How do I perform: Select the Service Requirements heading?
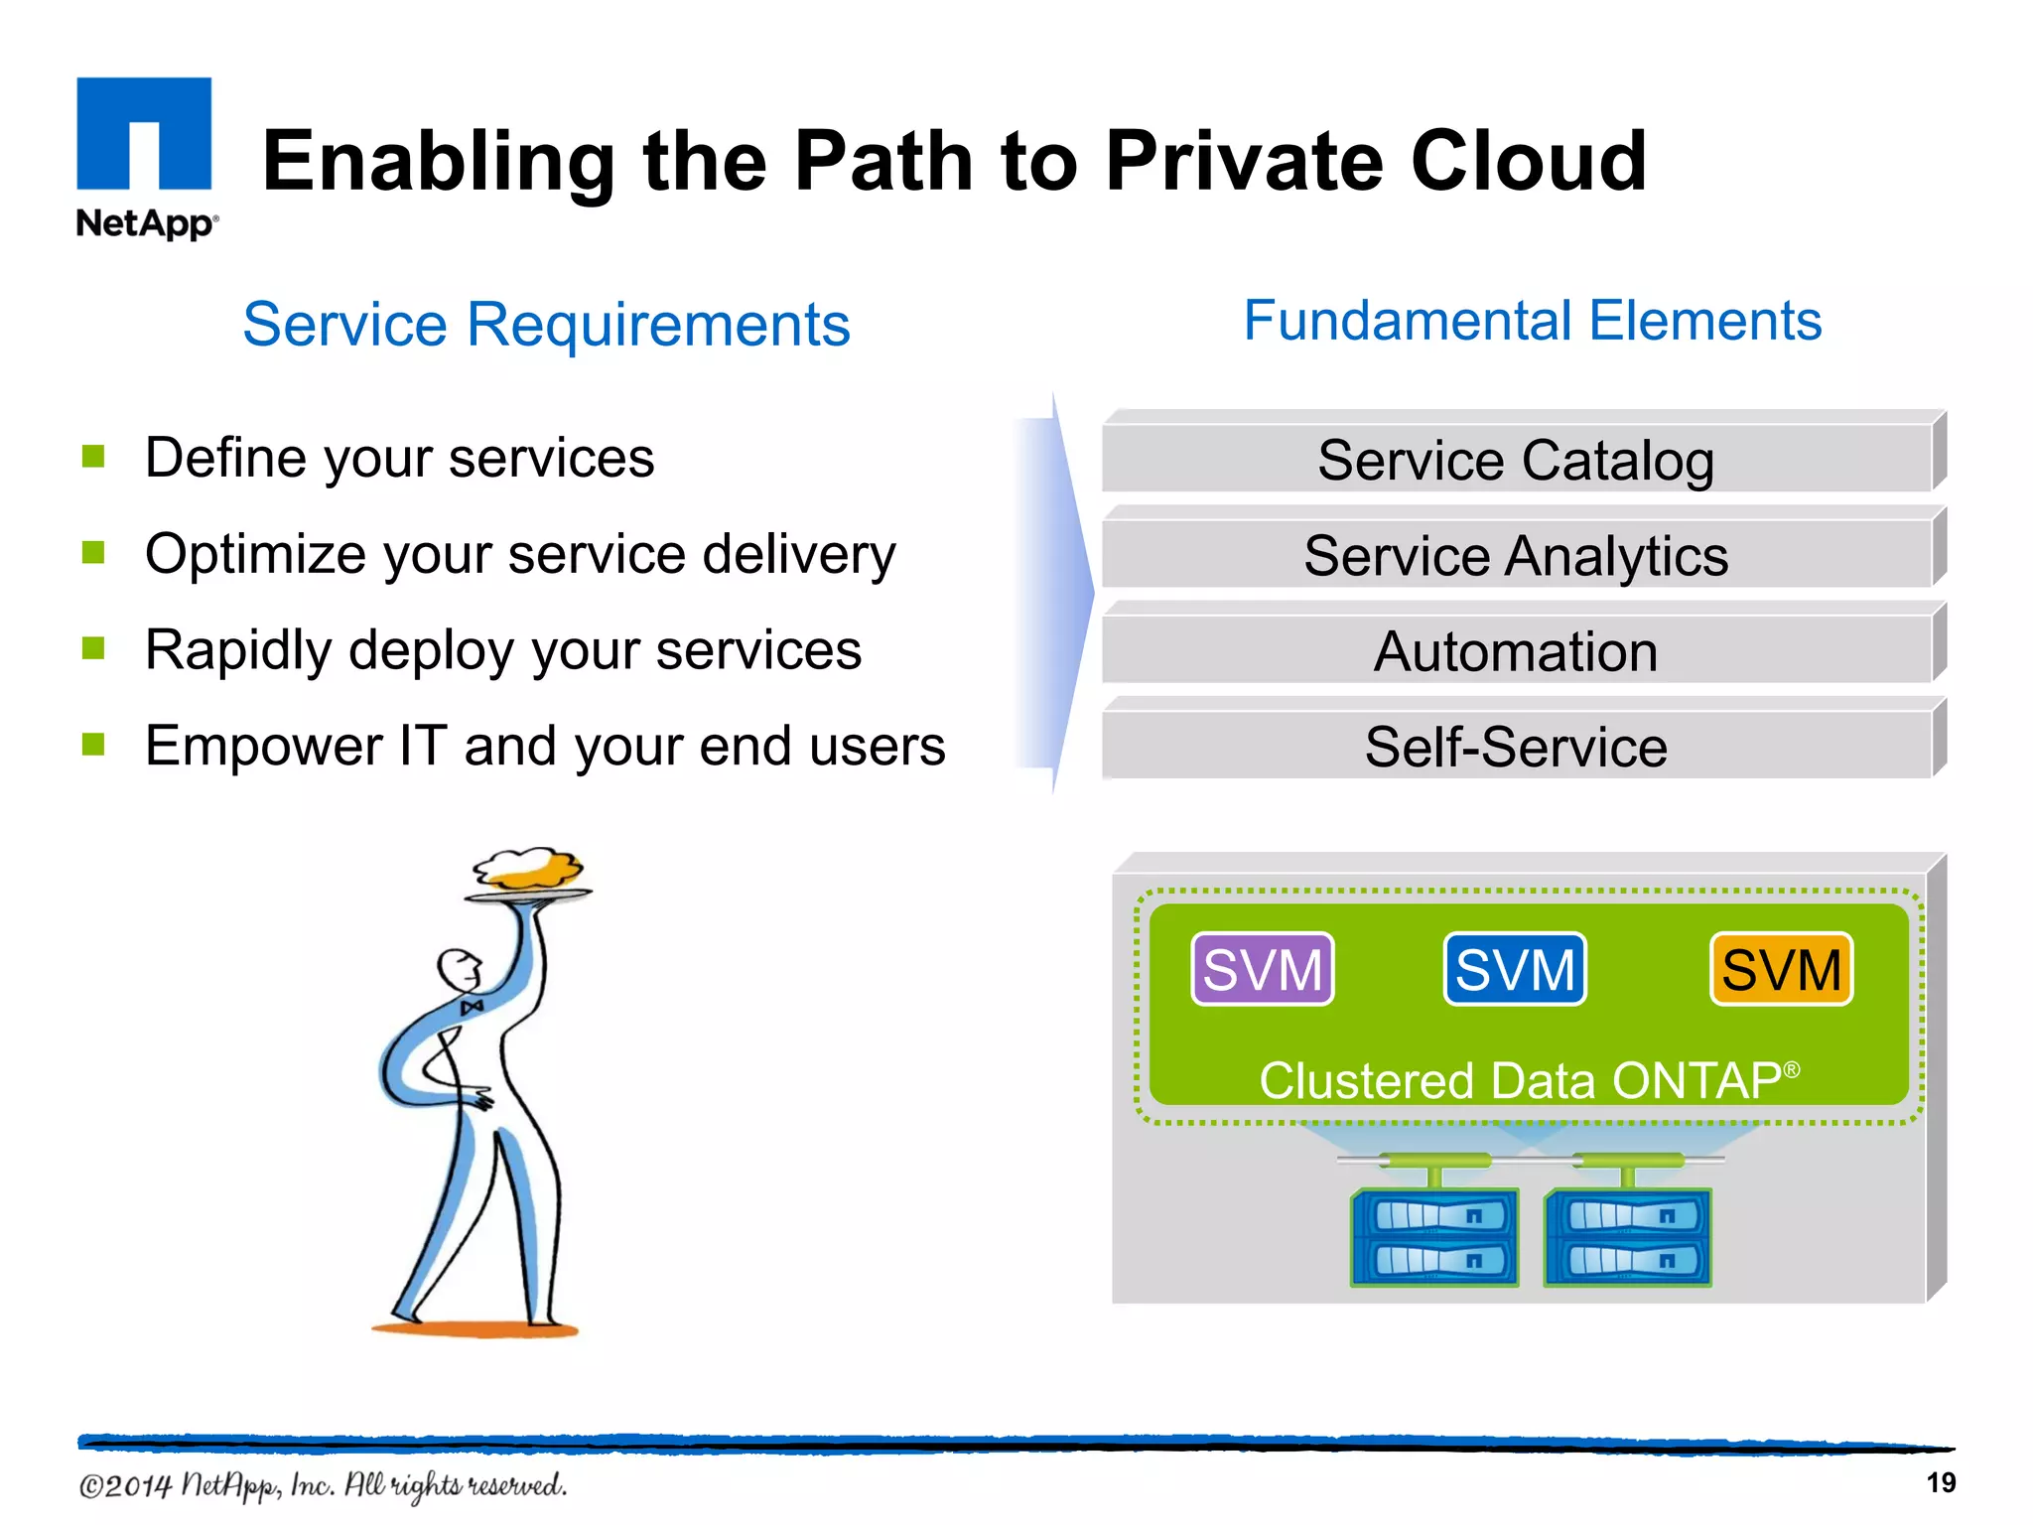click(546, 324)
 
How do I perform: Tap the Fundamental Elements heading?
click(1532, 321)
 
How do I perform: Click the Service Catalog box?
click(1516, 460)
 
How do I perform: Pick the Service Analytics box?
click(1516, 555)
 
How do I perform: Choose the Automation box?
click(1516, 651)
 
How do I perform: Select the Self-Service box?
click(1516, 747)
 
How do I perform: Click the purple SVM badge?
click(1263, 969)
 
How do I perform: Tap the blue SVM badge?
click(1515, 969)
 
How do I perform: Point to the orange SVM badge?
click(1781, 969)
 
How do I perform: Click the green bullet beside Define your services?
click(94, 456)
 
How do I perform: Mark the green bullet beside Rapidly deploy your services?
click(94, 648)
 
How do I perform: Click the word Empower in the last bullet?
click(263, 746)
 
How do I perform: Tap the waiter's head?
click(459, 969)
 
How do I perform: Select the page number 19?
click(1941, 1482)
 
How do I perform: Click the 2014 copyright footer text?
click(323, 1485)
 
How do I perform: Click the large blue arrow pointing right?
click(1057, 593)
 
